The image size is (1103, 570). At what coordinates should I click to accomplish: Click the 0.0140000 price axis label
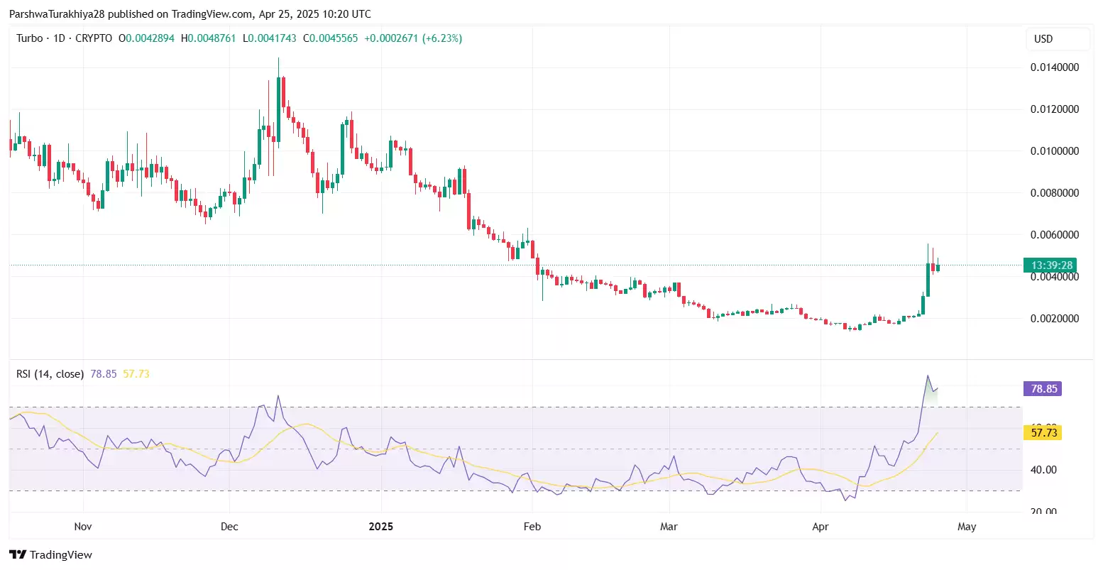tap(1055, 67)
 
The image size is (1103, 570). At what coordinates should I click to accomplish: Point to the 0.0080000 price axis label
tap(1055, 193)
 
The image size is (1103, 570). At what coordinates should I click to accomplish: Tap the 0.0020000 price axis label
tap(1055, 319)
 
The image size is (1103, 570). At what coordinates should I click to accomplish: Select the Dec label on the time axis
tap(229, 527)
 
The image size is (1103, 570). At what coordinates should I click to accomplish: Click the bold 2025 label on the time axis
tap(381, 527)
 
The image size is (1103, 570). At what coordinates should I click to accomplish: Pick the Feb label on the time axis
tap(532, 527)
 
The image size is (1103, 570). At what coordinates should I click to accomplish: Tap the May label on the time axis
tap(967, 527)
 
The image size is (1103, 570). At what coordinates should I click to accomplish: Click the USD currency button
tap(1043, 39)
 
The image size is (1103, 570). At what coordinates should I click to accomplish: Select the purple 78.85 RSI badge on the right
tap(1043, 389)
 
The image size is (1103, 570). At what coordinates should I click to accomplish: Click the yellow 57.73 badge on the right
tap(1043, 432)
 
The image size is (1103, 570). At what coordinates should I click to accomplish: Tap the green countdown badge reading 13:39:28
tap(1050, 265)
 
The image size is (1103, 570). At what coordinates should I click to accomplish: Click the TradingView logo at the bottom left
tap(51, 554)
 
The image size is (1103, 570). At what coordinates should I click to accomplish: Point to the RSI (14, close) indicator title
tap(50, 374)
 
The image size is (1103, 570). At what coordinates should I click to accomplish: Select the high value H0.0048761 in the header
tap(208, 38)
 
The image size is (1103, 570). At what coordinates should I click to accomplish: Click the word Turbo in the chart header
tap(30, 38)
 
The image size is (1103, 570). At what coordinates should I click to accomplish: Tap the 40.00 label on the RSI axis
tap(1043, 470)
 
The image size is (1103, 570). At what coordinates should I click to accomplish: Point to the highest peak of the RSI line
tap(927, 376)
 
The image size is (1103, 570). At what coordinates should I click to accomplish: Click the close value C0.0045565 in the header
tap(330, 38)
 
